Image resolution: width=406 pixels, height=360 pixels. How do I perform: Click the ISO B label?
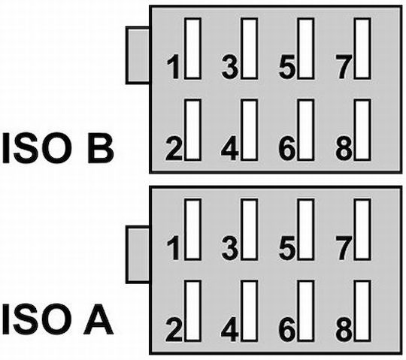(58, 148)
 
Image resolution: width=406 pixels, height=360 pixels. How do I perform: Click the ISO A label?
(58, 319)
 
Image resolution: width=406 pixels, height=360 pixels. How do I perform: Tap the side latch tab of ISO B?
(138, 56)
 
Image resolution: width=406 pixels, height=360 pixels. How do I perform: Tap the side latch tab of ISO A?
(138, 255)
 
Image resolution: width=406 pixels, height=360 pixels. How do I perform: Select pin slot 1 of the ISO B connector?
(192, 48)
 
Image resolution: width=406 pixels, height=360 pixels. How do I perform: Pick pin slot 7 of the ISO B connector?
(363, 48)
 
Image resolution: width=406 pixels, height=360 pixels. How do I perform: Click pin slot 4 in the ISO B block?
(250, 130)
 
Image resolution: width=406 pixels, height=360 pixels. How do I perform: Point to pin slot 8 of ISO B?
(363, 130)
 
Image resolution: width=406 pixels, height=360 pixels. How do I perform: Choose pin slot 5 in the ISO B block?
(306, 48)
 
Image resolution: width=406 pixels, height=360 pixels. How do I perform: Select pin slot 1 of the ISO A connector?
(192, 229)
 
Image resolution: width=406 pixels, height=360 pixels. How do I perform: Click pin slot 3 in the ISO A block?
(250, 229)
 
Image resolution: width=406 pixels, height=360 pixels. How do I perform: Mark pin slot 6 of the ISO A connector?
(306, 311)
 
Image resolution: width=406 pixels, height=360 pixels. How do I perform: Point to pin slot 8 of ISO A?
(363, 311)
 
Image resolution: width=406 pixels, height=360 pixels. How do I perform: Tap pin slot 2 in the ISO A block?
(192, 311)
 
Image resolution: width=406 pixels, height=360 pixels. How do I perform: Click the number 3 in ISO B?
(229, 66)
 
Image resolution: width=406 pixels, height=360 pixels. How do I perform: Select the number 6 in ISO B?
(286, 148)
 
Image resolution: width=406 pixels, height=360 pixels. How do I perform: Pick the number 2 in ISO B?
(173, 148)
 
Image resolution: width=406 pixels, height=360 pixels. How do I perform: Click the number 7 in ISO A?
(344, 248)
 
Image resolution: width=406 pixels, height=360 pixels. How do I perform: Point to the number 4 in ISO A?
(229, 329)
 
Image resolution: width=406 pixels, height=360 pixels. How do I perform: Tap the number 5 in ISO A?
(287, 248)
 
